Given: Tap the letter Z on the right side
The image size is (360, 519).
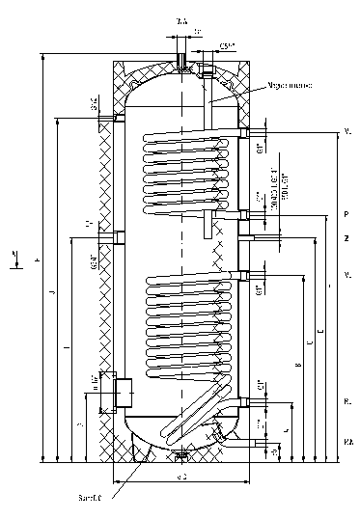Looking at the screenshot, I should pos(345,236).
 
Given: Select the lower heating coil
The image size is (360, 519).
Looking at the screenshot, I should pos(189,324).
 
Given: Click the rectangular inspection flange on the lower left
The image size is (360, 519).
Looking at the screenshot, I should pos(123,392).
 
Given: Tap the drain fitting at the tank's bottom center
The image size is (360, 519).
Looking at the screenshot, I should pos(180,451).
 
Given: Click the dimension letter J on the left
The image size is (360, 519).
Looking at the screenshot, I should pos(53,291).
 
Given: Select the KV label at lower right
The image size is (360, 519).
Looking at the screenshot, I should pos(346,440).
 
